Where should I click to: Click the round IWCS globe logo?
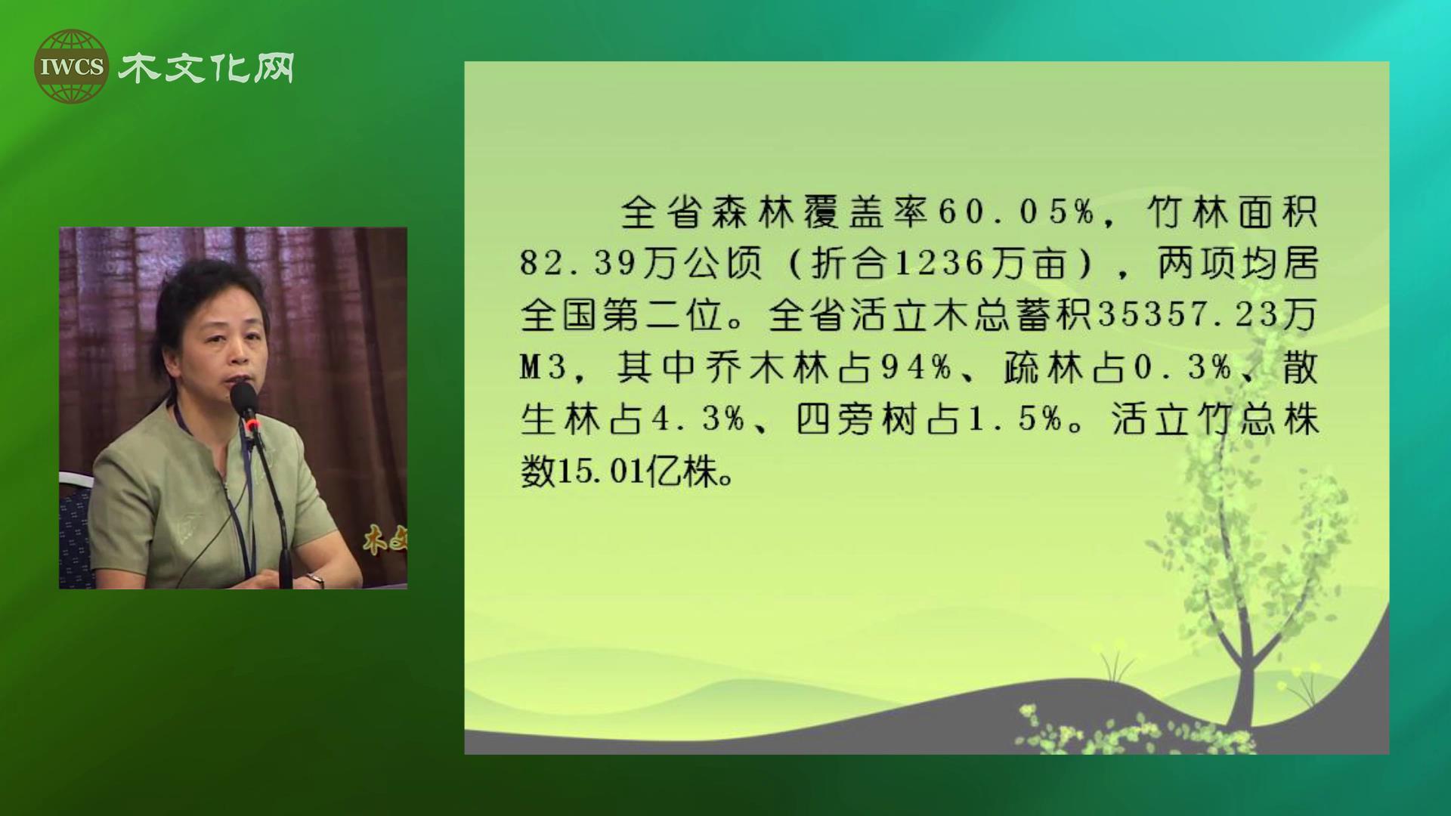(71, 66)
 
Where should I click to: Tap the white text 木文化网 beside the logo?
(206, 68)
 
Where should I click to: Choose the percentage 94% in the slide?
(915, 367)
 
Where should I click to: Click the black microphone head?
(243, 398)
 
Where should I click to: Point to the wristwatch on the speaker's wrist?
(315, 580)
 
